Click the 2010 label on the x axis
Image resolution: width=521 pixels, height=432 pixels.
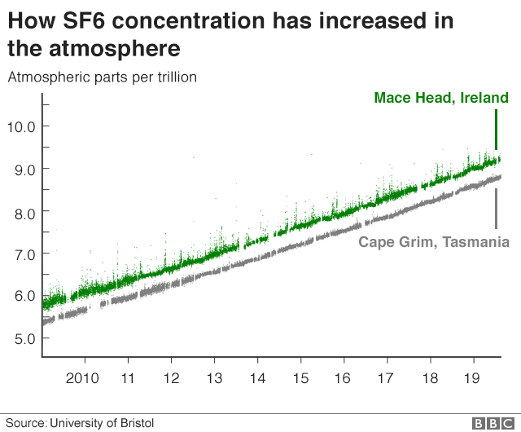(x=82, y=378)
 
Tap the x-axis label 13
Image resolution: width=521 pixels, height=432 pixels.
(x=214, y=378)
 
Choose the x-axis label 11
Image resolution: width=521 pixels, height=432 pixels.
(x=128, y=378)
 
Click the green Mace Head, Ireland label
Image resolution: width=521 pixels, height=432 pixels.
(x=441, y=98)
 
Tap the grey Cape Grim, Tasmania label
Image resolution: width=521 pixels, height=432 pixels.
(x=434, y=242)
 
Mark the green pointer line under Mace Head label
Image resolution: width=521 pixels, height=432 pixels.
(x=496, y=130)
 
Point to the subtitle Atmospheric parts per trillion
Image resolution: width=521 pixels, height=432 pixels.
(x=103, y=77)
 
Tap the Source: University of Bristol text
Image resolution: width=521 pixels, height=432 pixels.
(x=80, y=423)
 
